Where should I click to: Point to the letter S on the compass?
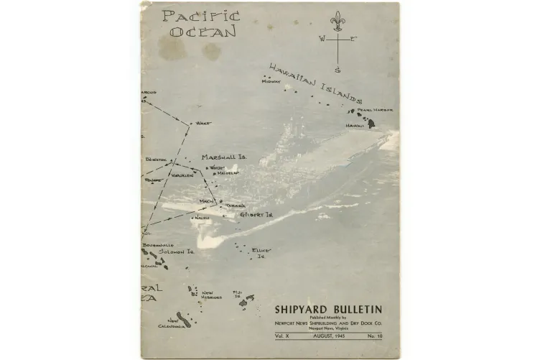pyautogui.click(x=337, y=70)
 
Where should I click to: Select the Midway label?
pyautogui.click(x=271, y=82)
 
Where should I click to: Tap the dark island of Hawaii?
pyautogui.click(x=372, y=124)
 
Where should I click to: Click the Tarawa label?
pyautogui.click(x=236, y=206)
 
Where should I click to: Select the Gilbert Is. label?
pyautogui.click(x=256, y=214)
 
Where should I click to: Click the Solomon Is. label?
pyautogui.click(x=177, y=252)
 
